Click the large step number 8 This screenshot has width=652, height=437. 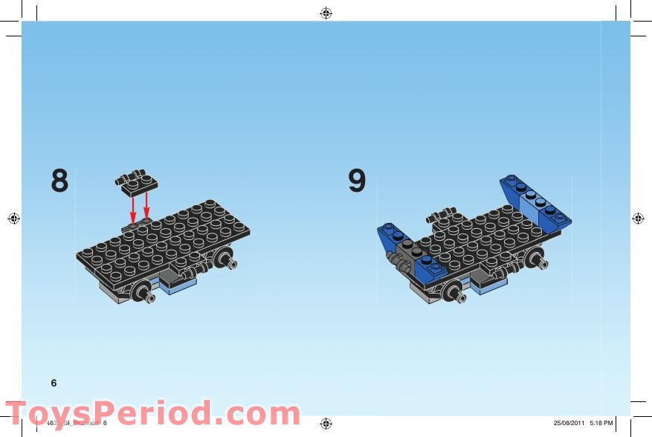point(59,181)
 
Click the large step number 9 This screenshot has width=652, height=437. point(357,181)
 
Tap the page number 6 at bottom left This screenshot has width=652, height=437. point(54,383)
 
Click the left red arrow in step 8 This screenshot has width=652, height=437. point(133,207)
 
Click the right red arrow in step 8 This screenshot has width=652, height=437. point(146,205)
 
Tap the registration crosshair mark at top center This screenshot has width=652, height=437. point(326,13)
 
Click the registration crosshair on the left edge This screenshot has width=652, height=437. point(13,218)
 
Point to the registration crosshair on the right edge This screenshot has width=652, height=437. point(638,218)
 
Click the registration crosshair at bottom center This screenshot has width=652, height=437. point(326,423)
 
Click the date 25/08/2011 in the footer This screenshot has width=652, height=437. point(569,423)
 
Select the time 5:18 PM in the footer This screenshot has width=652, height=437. point(601,423)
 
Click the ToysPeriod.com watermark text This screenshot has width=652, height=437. point(152,413)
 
